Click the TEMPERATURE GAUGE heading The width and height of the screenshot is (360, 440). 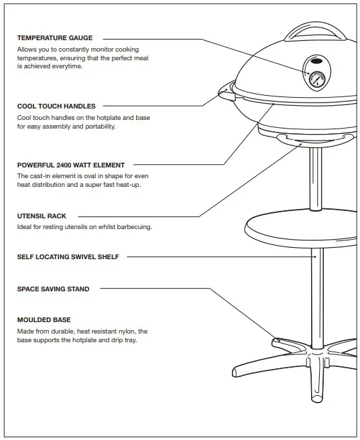(55, 38)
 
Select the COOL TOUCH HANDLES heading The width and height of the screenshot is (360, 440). (56, 106)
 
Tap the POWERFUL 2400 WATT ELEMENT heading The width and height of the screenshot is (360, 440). (70, 165)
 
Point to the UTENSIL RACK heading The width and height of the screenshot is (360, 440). (42, 216)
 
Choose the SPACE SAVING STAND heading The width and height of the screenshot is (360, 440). (53, 289)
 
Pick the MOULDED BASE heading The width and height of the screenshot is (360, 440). (44, 320)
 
